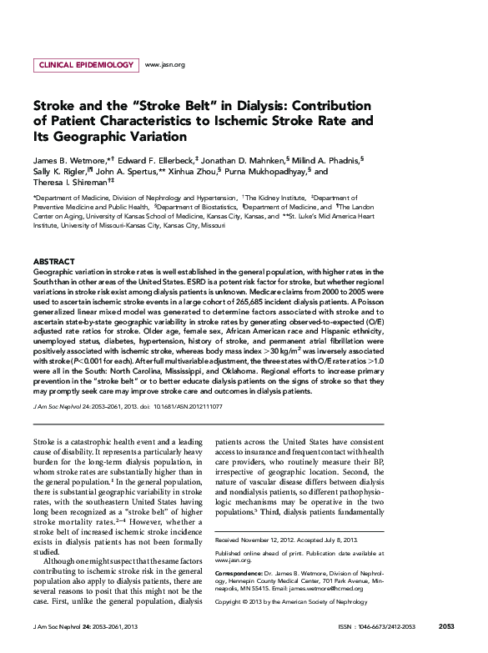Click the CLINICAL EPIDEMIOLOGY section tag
pyautogui.click(x=86, y=64)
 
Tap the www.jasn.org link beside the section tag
pyautogui.click(x=164, y=64)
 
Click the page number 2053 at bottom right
pyautogui.click(x=445, y=625)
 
